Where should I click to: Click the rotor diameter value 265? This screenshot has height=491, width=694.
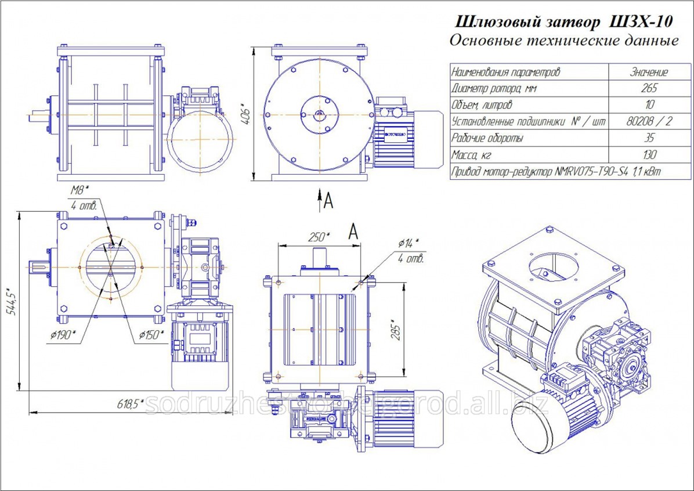pyautogui.click(x=649, y=89)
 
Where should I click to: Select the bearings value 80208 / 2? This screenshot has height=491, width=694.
pyautogui.click(x=649, y=122)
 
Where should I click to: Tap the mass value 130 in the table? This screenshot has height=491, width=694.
pyautogui.click(x=649, y=155)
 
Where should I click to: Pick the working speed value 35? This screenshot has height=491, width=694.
pyautogui.click(x=649, y=139)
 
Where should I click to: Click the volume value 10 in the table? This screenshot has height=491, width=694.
pyautogui.click(x=649, y=106)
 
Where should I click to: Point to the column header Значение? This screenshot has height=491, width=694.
pyautogui.click(x=649, y=73)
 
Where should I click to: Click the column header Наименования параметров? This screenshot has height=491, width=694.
pyautogui.click(x=505, y=73)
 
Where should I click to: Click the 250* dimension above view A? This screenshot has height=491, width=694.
pyautogui.click(x=318, y=237)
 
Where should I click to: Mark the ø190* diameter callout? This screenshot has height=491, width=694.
pyautogui.click(x=61, y=335)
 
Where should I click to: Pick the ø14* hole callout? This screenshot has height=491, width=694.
pyautogui.click(x=409, y=243)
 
